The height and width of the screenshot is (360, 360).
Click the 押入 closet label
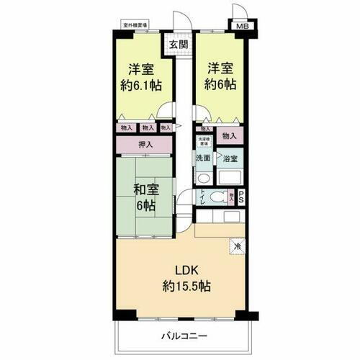(145, 145)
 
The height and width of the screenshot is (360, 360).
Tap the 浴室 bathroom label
(230, 158)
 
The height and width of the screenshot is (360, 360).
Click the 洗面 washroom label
(203, 158)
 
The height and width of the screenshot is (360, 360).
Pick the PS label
(240, 194)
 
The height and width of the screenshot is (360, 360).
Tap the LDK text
(184, 271)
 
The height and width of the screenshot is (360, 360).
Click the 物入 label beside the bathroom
(230, 135)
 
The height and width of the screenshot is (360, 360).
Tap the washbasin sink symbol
(203, 178)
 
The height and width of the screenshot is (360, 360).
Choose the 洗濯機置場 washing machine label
(203, 143)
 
